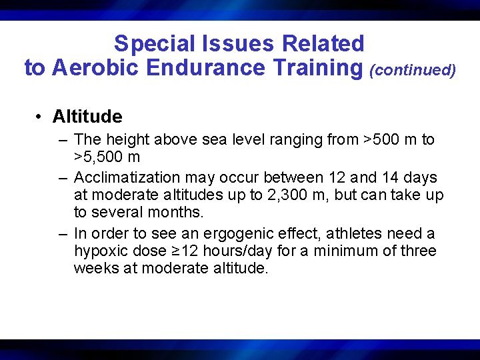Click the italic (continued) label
[413, 69]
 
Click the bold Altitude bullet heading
[87, 117]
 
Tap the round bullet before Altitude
[40, 117]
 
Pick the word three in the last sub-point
[419, 251]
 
